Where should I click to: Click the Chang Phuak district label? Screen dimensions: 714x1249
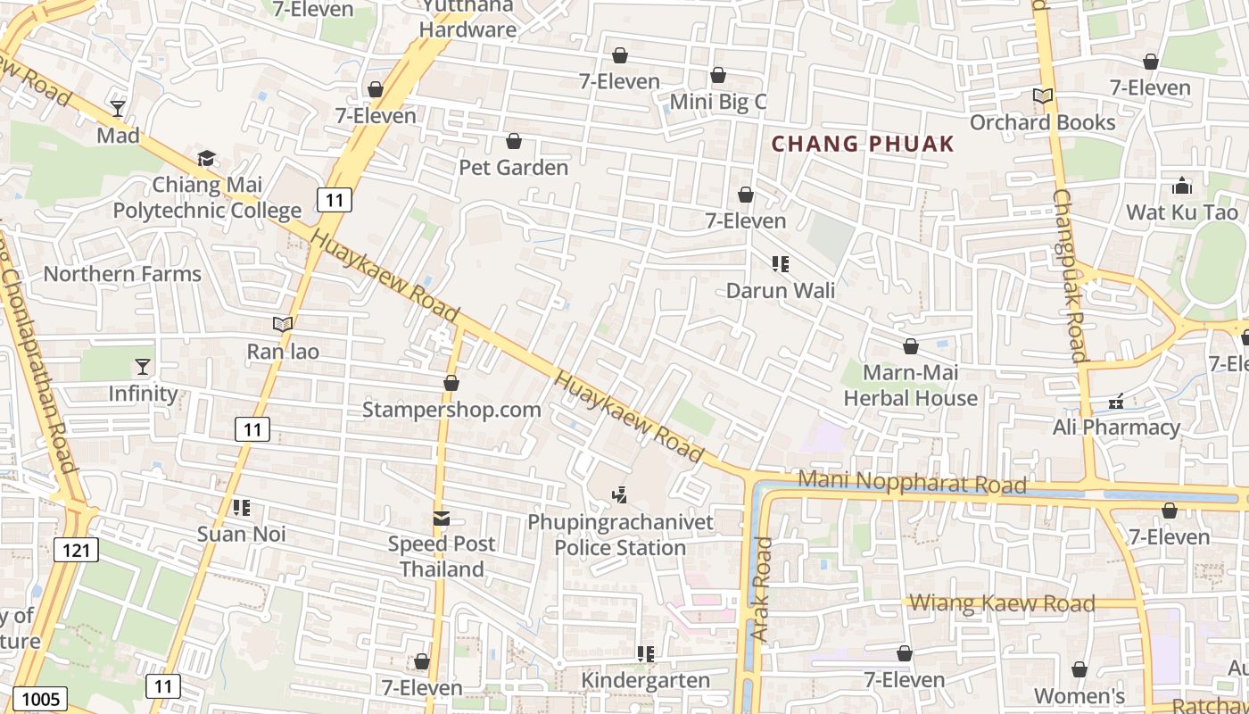pos(863,144)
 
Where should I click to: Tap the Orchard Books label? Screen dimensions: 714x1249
pos(1042,122)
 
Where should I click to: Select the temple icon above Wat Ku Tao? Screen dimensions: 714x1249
pos(1182,186)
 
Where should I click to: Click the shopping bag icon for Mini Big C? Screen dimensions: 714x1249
pos(718,76)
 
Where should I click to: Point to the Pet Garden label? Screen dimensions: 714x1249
pos(513,167)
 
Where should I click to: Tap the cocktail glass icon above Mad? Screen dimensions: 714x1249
pos(118,109)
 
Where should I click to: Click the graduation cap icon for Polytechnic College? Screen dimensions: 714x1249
pos(207,159)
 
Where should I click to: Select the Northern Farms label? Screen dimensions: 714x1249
pos(122,274)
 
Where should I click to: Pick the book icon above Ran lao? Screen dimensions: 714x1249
pos(283,325)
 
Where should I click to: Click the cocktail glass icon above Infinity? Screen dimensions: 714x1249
pos(143,367)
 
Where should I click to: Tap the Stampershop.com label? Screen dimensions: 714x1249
pos(451,410)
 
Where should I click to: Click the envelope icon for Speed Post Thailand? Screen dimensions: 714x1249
pos(441,518)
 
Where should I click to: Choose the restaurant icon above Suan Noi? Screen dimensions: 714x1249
pos(241,508)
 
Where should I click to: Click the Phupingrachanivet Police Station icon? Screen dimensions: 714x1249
pos(619,494)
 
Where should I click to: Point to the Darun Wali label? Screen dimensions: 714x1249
pos(781,290)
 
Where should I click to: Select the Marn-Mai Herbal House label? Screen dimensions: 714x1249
pos(911,386)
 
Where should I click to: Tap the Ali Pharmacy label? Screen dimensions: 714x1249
pos(1116,428)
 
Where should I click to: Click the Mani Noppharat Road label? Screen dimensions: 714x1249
pos(912,482)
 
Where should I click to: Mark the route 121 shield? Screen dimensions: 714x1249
pos(76,550)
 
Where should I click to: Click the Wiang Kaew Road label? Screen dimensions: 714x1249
pos(1002,603)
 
